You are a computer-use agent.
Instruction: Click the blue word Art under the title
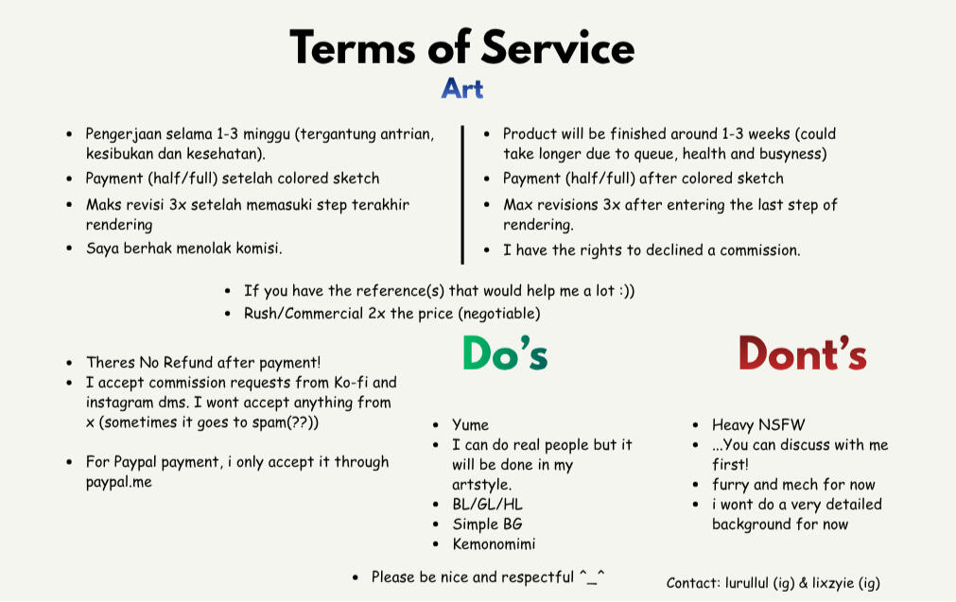(462, 89)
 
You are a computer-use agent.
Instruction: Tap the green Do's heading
(505, 353)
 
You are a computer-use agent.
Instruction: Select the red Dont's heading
(803, 353)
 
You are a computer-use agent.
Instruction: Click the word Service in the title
(557, 47)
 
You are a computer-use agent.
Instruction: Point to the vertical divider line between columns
(462, 195)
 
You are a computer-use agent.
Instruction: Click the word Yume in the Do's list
(470, 424)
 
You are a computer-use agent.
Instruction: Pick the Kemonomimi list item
(494, 543)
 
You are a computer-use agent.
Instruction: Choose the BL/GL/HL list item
(487, 505)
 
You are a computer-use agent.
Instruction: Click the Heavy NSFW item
(758, 424)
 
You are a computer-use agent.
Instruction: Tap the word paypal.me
(119, 482)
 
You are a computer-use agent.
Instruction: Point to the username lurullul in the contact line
(747, 583)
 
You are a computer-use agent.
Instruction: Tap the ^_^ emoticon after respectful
(591, 576)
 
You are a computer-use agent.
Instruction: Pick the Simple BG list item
(487, 524)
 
